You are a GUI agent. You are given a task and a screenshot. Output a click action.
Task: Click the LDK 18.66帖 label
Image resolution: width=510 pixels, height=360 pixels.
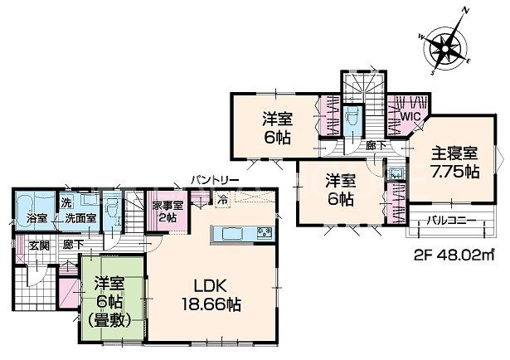pyautogui.click(x=211, y=295)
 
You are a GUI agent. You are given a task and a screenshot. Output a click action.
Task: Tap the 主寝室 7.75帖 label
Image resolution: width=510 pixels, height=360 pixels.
pyautogui.click(x=455, y=163)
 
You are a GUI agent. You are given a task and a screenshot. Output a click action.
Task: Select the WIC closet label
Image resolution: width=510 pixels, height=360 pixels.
pyautogui.click(x=410, y=116)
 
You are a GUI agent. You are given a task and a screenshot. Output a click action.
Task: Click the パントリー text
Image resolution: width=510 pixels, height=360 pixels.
pyautogui.click(x=215, y=180)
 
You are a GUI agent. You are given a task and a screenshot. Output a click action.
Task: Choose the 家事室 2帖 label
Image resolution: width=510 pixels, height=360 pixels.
pyautogui.click(x=168, y=212)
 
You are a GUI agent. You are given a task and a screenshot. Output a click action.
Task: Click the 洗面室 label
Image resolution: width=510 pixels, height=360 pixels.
pyautogui.click(x=80, y=218)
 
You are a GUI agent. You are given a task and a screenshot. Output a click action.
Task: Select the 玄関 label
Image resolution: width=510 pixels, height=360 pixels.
pyautogui.click(x=40, y=246)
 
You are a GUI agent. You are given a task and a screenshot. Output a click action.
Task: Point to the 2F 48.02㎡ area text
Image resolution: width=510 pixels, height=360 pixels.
pyautogui.click(x=454, y=255)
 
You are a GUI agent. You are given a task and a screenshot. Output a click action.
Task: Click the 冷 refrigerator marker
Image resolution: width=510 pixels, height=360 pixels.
pyautogui.click(x=223, y=199)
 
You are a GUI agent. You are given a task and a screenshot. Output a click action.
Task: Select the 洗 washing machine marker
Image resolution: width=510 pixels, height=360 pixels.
pyautogui.click(x=66, y=202)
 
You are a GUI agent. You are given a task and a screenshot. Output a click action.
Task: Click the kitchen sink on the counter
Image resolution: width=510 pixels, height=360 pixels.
pyautogui.click(x=265, y=233)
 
